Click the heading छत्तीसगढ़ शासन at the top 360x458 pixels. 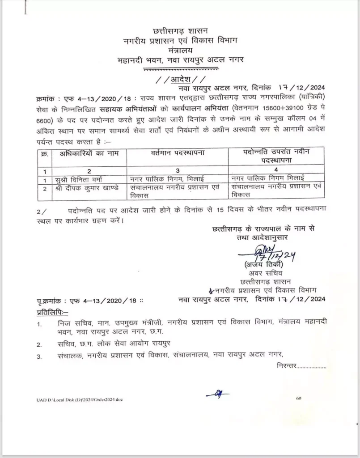(x=180, y=31)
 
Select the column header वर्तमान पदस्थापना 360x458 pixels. (x=178, y=153)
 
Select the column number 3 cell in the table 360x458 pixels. (x=178, y=170)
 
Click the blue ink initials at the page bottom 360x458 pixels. (x=217, y=394)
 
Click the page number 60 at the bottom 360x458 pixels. (x=298, y=398)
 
